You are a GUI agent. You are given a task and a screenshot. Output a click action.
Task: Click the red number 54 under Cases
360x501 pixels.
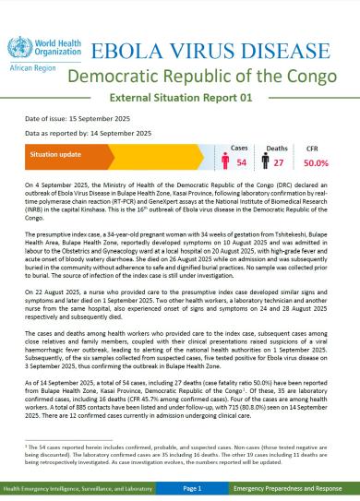pos(242,162)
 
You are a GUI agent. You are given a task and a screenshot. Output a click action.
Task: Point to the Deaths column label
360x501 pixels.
pos(274,147)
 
